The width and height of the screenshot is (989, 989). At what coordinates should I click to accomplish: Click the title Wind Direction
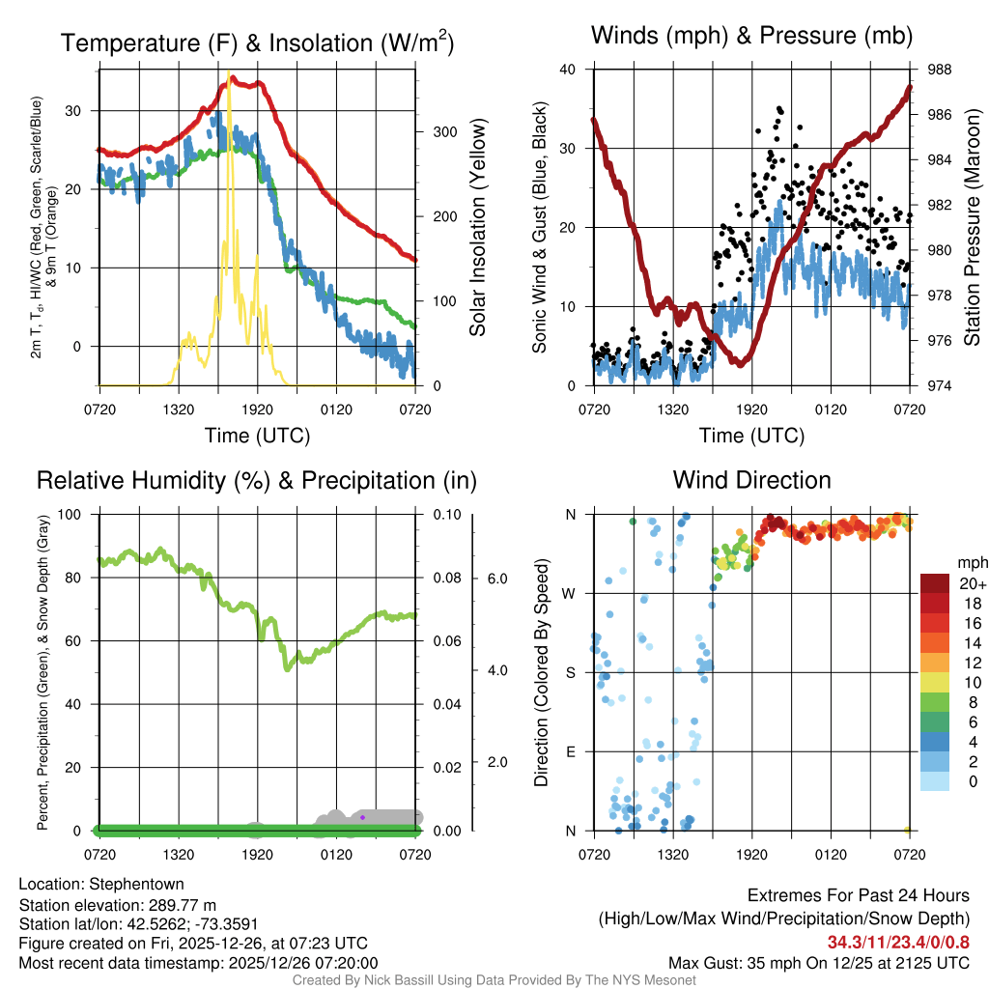click(751, 480)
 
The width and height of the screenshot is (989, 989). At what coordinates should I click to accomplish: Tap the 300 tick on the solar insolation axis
click(436, 131)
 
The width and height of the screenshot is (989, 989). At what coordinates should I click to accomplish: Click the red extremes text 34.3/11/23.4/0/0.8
click(897, 942)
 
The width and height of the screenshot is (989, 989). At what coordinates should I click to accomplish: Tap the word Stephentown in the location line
click(138, 884)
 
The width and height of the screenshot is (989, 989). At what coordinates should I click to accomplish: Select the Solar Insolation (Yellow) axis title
click(477, 228)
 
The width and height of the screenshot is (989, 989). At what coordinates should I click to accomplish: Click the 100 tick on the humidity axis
click(81, 514)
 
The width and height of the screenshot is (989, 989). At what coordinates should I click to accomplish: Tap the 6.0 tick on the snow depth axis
click(495, 579)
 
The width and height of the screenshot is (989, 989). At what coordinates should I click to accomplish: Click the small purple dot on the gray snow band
click(362, 817)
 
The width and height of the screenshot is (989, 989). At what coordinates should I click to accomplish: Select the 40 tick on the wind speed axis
click(568, 70)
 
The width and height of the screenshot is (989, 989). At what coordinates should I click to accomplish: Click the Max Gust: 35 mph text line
click(819, 963)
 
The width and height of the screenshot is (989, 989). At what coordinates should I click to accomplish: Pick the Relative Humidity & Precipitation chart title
click(256, 480)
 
